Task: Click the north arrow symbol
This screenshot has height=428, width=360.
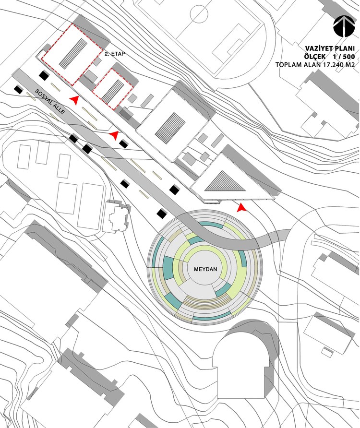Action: tap(341, 27)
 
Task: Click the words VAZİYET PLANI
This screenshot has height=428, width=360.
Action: tap(330, 48)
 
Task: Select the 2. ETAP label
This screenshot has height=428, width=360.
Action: tap(114, 55)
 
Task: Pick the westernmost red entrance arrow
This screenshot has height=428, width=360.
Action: tap(74, 99)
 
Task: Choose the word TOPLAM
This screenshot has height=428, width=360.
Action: tap(288, 64)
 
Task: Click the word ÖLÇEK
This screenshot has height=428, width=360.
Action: tap(317, 56)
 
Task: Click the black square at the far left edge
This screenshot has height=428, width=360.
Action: tap(18, 89)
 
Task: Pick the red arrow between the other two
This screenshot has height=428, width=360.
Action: tap(114, 135)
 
